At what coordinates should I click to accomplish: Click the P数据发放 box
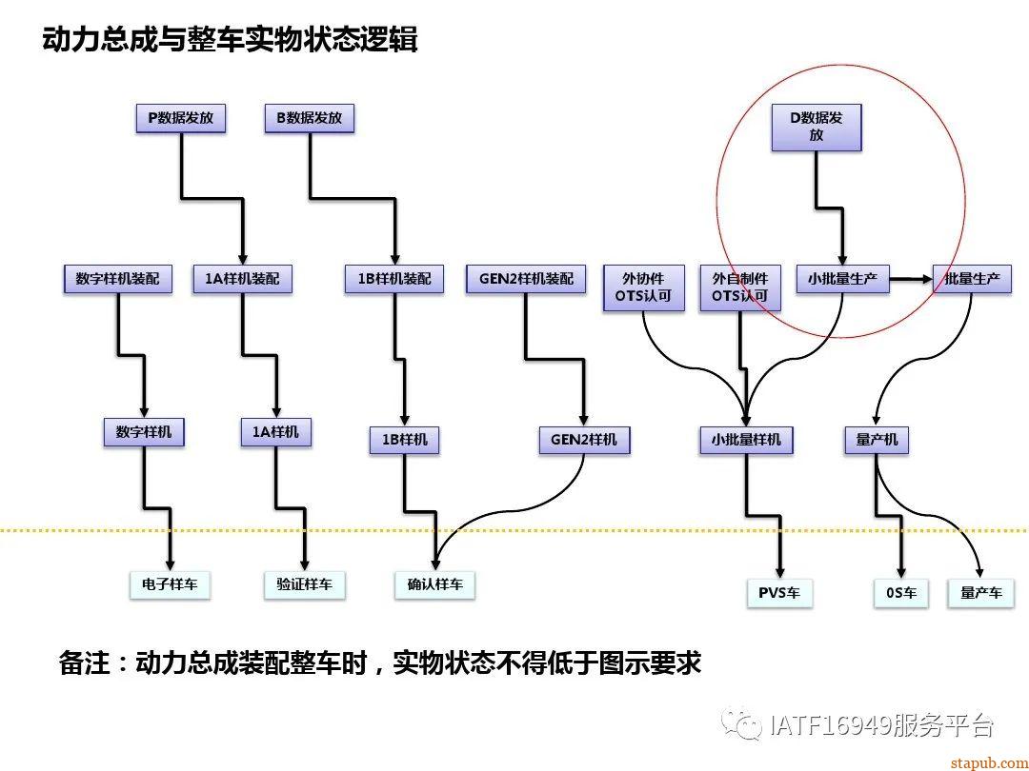coord(180,118)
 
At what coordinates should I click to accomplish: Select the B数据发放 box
coord(309,118)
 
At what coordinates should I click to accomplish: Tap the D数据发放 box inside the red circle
coord(816,127)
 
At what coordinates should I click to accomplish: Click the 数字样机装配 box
coord(118,279)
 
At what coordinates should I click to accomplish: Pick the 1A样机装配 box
coord(242,279)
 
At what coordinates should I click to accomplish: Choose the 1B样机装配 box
coord(393,279)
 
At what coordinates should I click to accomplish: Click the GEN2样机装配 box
coord(525,279)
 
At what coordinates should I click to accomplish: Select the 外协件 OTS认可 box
coord(644,287)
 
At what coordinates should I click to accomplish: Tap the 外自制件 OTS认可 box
coord(740,287)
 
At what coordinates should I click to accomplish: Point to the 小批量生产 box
coord(842,279)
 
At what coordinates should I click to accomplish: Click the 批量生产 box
coord(972,279)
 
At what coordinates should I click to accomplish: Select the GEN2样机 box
coord(584,439)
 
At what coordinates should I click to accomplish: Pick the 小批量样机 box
coord(746,439)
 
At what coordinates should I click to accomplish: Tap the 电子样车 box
coord(170,583)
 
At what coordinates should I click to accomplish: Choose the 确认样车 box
coord(434,583)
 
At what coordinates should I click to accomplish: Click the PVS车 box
coord(779,592)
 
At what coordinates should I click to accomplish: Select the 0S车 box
coord(900,592)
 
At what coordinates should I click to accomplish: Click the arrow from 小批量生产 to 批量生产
coord(911,279)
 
